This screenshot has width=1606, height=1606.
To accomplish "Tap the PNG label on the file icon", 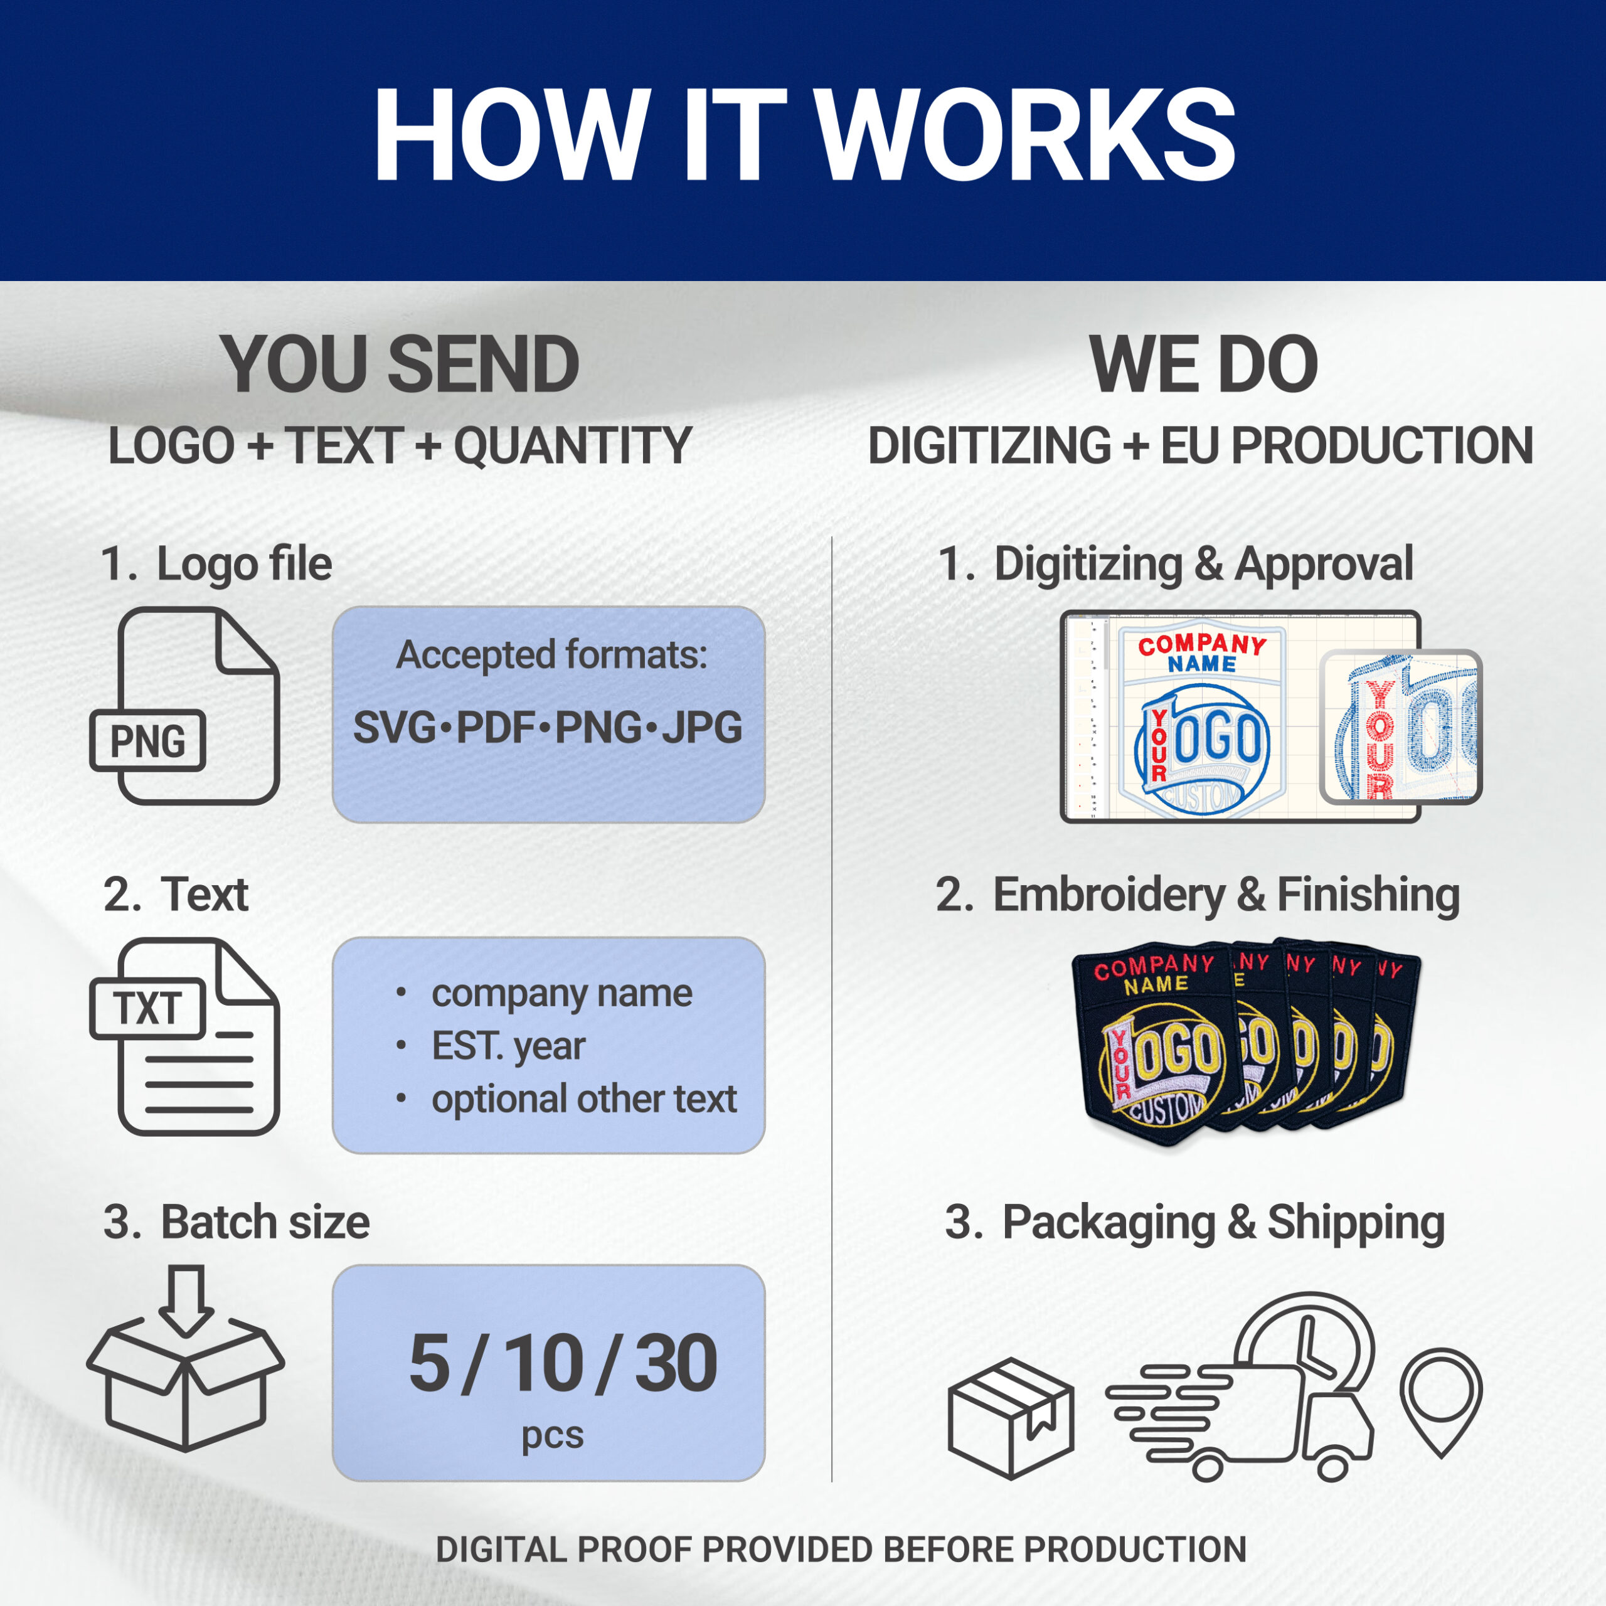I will (148, 741).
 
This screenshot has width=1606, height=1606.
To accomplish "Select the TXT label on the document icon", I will (148, 1008).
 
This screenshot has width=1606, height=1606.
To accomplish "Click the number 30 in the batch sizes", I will (676, 1364).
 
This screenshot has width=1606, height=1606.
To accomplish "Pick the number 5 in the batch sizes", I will (429, 1364).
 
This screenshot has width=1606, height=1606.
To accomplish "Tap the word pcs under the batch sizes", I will (552, 1435).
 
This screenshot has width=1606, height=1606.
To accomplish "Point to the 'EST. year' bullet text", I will (508, 1046).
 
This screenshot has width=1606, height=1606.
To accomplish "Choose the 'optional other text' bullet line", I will (583, 1099).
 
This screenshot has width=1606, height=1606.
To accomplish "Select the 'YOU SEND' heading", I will (400, 365).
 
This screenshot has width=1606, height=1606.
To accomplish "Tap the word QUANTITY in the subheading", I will (573, 447).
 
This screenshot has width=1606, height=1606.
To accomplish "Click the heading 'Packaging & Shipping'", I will (1222, 1222).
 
